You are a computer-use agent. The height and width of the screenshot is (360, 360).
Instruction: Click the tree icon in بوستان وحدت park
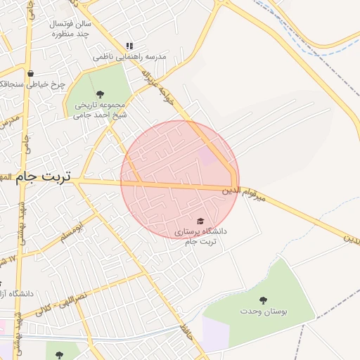pyautogui.click(x=264, y=300)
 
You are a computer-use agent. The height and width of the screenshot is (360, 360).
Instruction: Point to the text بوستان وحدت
pyautogui.click(x=264, y=311)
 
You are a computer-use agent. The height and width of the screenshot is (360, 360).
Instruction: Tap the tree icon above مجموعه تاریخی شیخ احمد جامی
pyautogui.click(x=99, y=94)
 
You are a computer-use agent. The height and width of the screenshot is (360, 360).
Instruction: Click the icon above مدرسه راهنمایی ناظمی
pyautogui.click(x=129, y=46)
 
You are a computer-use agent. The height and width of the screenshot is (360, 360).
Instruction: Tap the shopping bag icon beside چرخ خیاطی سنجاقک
pyautogui.click(x=30, y=73)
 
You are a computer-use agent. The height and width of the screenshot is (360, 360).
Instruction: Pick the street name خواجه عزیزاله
pyautogui.click(x=155, y=84)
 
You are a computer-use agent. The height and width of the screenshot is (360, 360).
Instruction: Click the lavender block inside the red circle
pyautogui.click(x=209, y=155)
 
